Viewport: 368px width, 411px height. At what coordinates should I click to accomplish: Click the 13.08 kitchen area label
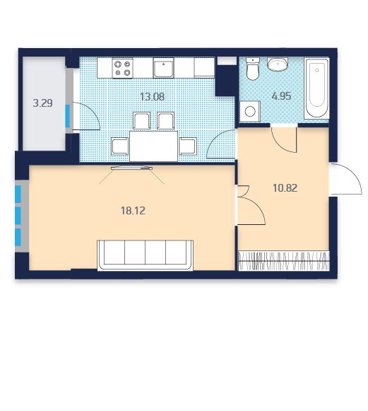(x=153, y=97)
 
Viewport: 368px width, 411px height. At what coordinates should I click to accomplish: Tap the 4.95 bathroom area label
(x=281, y=96)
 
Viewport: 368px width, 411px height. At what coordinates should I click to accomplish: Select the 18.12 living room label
(x=133, y=211)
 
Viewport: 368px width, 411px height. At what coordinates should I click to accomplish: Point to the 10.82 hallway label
(x=285, y=188)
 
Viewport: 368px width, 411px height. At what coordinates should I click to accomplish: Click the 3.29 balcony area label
(x=42, y=103)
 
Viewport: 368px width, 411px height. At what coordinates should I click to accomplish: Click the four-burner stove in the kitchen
(x=122, y=68)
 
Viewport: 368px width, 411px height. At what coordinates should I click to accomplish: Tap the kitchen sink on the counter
(x=164, y=68)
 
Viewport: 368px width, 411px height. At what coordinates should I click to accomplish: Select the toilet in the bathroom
(x=253, y=69)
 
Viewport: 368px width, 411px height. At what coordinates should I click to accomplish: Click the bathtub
(x=317, y=89)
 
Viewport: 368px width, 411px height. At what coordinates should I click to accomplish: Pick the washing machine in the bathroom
(x=250, y=111)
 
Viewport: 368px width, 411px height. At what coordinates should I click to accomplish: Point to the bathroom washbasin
(x=277, y=64)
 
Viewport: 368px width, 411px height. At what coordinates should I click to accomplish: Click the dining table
(x=154, y=146)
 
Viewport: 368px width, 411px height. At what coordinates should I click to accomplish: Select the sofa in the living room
(x=146, y=255)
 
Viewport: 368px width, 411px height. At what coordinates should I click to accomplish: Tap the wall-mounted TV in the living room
(x=131, y=168)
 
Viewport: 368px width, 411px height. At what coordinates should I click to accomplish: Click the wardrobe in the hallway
(x=284, y=260)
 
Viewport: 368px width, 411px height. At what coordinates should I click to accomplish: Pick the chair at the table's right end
(x=188, y=146)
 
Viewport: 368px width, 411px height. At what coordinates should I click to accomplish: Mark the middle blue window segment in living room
(x=18, y=216)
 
